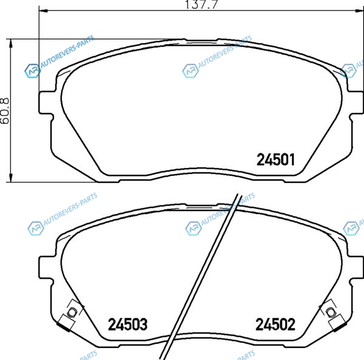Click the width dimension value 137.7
click(x=201, y=4)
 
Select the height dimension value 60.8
click(x=5, y=110)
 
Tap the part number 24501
click(x=276, y=159)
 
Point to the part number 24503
click(x=127, y=324)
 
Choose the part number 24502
click(x=275, y=324)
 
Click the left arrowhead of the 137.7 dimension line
click(x=43, y=10)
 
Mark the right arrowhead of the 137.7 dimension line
click(x=359, y=10)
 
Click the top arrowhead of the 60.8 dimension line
click(x=10, y=44)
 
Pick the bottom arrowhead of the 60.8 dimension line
click(x=10, y=178)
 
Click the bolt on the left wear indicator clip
click(x=72, y=312)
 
